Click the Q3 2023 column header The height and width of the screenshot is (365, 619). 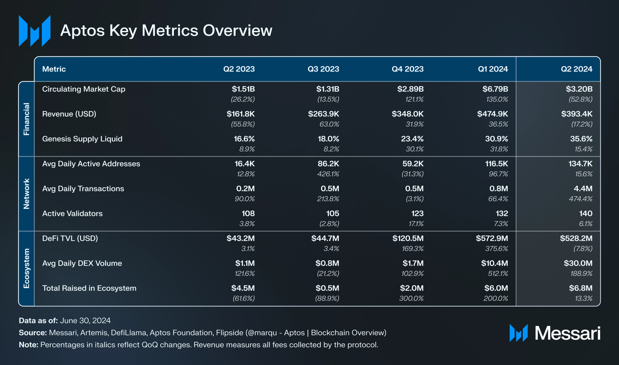[323, 69]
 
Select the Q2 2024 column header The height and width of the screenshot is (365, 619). [576, 69]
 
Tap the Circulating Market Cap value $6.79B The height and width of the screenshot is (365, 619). [495, 89]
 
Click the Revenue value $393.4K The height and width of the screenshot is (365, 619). [577, 114]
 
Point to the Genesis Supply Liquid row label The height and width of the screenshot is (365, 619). [82, 139]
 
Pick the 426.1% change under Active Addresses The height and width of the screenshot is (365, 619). [328, 174]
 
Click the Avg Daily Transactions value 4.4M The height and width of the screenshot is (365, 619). [583, 189]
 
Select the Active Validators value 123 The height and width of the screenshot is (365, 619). [417, 214]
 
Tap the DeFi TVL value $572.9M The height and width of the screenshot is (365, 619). [492, 238]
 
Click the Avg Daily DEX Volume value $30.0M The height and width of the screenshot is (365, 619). [578, 263]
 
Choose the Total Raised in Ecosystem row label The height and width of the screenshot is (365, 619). [89, 288]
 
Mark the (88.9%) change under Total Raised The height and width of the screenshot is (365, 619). [327, 298]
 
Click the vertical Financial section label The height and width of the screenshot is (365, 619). [26, 119]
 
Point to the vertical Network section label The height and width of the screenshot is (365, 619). [26, 194]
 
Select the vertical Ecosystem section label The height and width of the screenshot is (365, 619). [26, 268]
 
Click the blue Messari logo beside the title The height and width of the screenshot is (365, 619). [35, 31]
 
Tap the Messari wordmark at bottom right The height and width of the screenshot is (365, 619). [567, 333]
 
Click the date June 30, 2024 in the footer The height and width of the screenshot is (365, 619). [85, 320]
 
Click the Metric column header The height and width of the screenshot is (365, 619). [54, 69]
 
